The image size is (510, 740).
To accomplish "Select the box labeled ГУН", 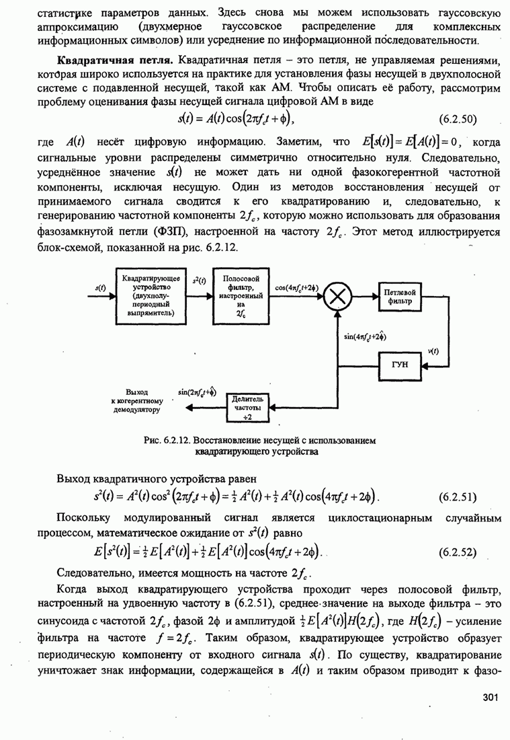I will pyautogui.click(x=400, y=365).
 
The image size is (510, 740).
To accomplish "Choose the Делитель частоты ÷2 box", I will pyautogui.click(x=249, y=408).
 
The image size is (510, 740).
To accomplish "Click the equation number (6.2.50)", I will pyautogui.click(x=457, y=120).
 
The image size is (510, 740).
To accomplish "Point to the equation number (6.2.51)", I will pyautogui.click(x=457, y=498).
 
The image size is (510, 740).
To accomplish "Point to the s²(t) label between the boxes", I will pyautogui.click(x=200, y=281).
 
